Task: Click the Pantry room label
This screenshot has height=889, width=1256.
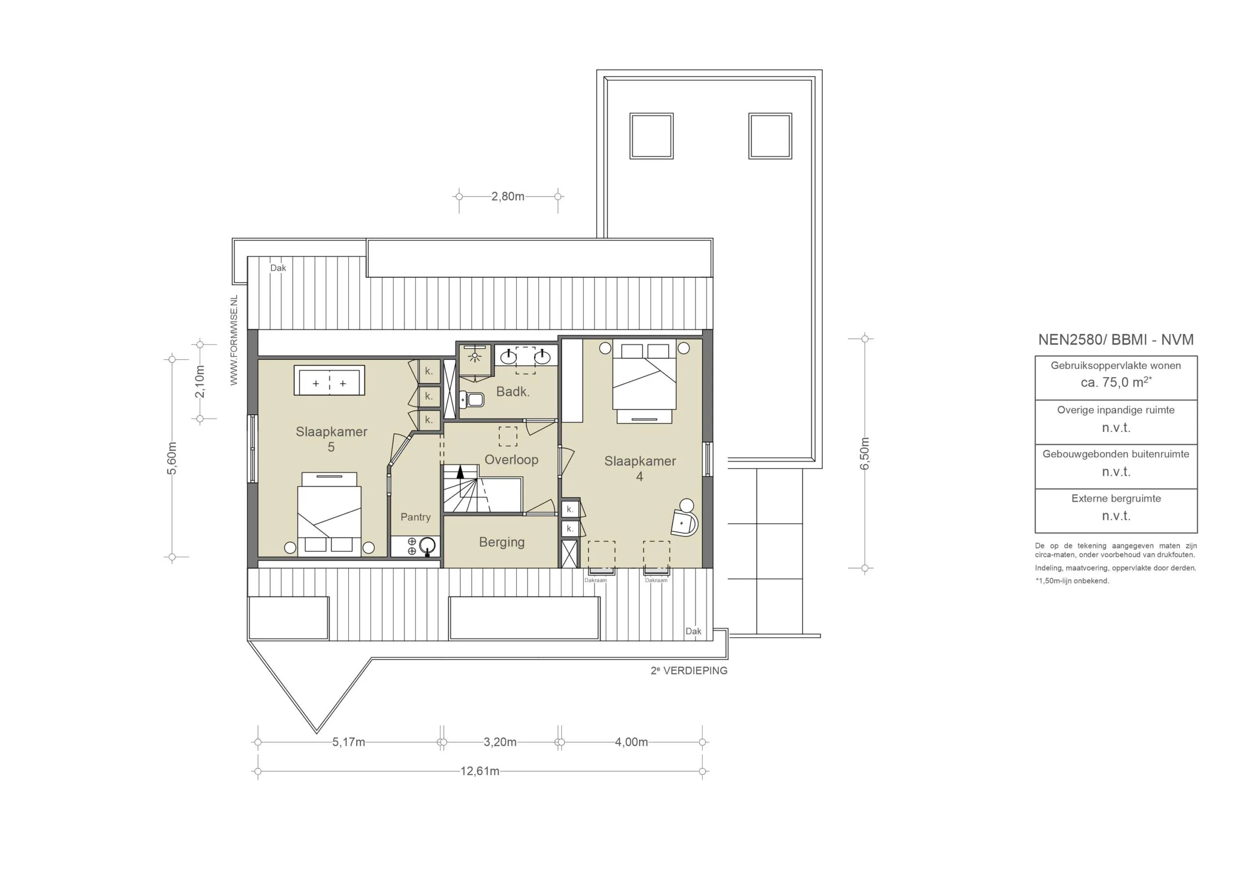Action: click(x=415, y=517)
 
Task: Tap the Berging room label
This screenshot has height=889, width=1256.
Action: click(x=501, y=542)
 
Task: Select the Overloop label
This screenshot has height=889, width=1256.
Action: click(x=512, y=459)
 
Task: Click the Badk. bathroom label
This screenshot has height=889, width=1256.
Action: click(x=513, y=391)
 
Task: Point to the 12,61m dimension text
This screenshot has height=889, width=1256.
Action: click(x=480, y=771)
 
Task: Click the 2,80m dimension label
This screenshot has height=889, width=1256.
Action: click(x=508, y=196)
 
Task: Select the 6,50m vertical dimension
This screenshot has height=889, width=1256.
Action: click(x=865, y=453)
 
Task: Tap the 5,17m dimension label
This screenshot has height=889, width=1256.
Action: click(x=348, y=742)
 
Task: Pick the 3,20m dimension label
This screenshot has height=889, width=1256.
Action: click(x=500, y=742)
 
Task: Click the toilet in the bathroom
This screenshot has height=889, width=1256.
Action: click(x=471, y=400)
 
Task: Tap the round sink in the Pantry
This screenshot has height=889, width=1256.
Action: click(x=428, y=545)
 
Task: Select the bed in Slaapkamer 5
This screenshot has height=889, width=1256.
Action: click(x=329, y=514)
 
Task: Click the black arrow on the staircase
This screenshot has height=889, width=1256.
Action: click(x=460, y=471)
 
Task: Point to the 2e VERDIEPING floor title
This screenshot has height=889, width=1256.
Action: click(x=689, y=671)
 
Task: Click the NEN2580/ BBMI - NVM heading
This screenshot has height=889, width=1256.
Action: click(x=1116, y=339)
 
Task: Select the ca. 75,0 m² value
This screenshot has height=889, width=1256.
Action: click(x=1116, y=382)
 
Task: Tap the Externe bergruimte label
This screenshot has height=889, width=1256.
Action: click(x=1116, y=498)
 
